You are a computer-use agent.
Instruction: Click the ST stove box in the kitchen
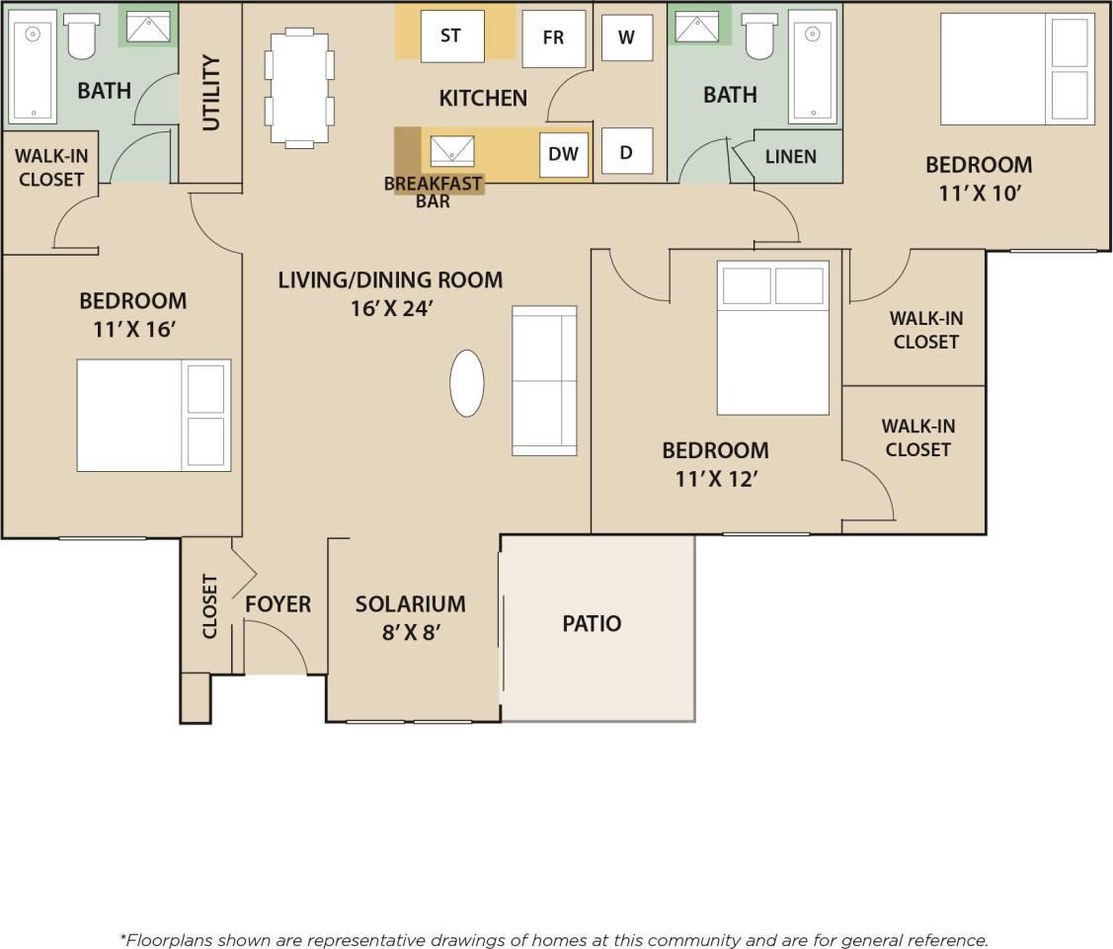[x=451, y=37]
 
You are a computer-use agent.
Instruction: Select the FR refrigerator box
[x=553, y=39]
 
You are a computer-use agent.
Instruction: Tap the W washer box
[x=626, y=38]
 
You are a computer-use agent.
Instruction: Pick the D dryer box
[x=626, y=153]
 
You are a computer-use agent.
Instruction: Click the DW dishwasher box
[x=563, y=154]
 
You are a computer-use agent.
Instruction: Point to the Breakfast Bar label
[x=433, y=192]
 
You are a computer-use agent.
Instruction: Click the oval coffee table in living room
[x=467, y=383]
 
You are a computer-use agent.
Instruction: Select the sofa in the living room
[x=544, y=380]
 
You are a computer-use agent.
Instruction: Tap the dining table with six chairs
[x=298, y=87]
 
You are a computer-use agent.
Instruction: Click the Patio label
[x=592, y=624]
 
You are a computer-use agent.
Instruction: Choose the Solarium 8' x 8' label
[x=411, y=617]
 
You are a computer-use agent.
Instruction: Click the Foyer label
[x=278, y=604]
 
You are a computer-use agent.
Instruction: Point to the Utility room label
[x=211, y=92]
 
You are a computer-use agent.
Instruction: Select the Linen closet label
[x=791, y=156]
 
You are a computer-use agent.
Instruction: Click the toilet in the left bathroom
[x=79, y=39]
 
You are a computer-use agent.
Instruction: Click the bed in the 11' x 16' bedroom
[x=154, y=416]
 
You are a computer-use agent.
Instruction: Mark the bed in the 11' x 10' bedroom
[x=1016, y=69]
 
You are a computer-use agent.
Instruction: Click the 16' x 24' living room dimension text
[x=392, y=308]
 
